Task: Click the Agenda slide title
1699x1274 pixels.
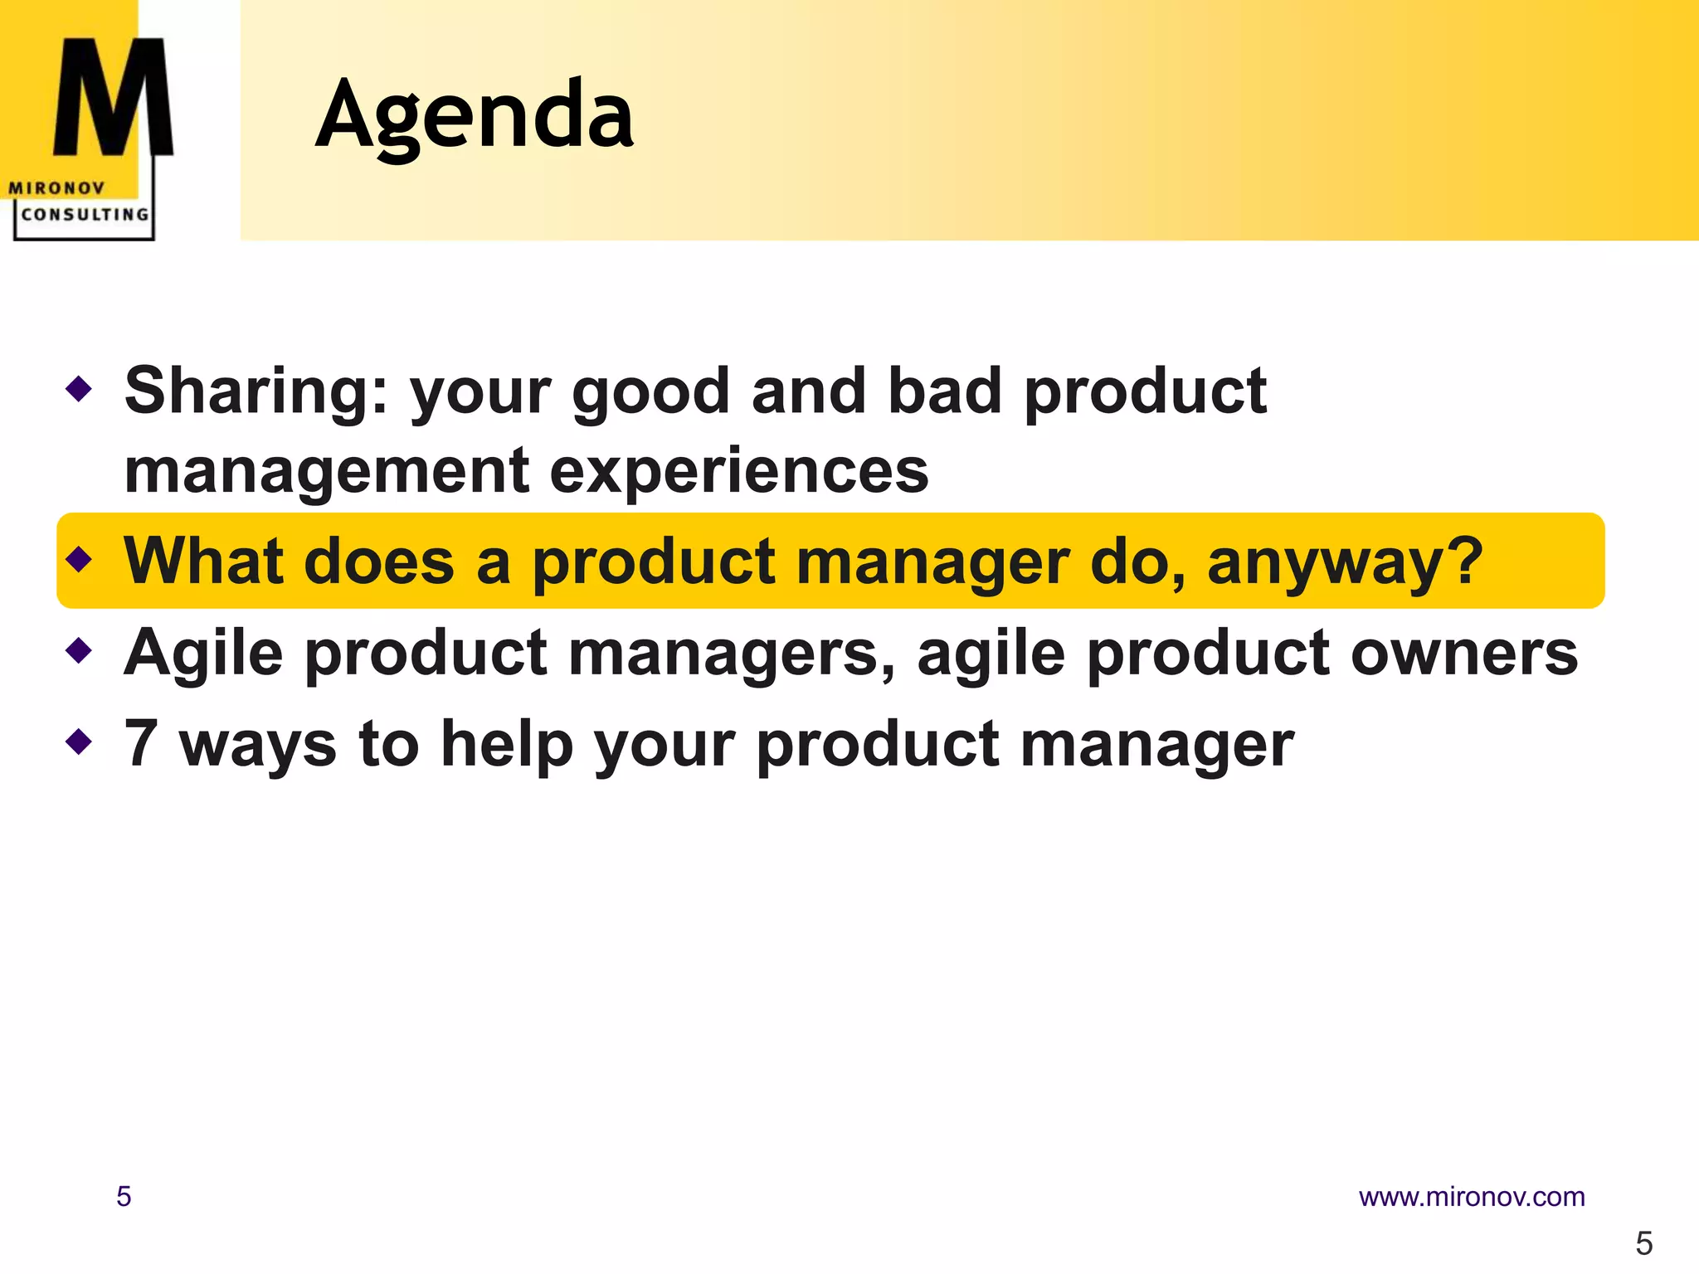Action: [x=475, y=114]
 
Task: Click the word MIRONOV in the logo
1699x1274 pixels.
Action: [x=56, y=188]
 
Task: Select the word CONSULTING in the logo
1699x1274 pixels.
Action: [x=85, y=215]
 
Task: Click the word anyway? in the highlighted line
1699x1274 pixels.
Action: [x=1345, y=562]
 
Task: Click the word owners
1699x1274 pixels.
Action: [x=1464, y=653]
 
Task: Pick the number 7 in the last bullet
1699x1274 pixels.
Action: [x=141, y=743]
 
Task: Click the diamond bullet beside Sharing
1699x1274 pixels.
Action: [x=79, y=387]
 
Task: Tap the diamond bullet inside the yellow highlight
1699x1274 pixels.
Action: [x=79, y=559]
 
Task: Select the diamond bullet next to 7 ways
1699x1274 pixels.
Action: [x=79, y=741]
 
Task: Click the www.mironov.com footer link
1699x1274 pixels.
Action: [x=1471, y=1197]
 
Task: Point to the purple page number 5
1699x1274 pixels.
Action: [x=124, y=1197]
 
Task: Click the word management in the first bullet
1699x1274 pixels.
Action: [x=327, y=470]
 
